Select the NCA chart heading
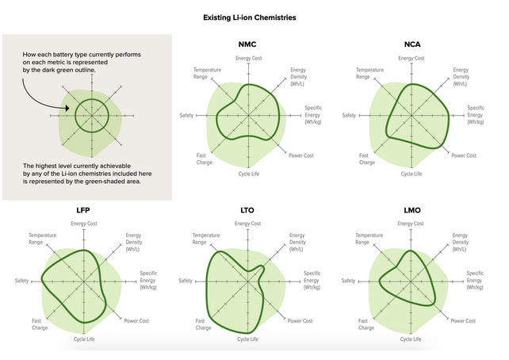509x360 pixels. [x=411, y=44]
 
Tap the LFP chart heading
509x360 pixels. [x=82, y=210]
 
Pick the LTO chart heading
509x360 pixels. [x=247, y=210]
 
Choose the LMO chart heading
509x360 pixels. [x=411, y=210]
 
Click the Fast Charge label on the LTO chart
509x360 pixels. [x=203, y=324]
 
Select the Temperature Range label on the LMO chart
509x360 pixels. [x=369, y=239]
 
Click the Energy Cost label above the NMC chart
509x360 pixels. [x=249, y=59]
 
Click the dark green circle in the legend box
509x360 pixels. [x=91, y=116]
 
